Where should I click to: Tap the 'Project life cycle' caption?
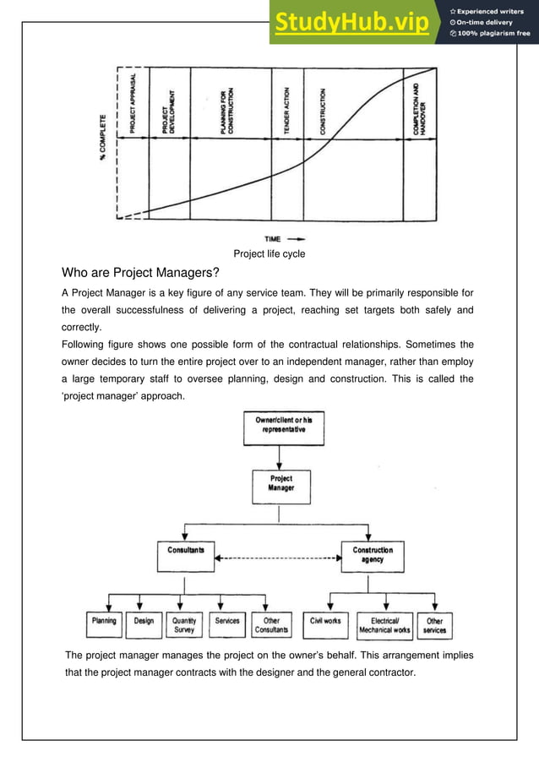point(269,254)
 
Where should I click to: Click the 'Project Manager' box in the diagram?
point(280,484)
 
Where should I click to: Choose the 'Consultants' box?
point(185,555)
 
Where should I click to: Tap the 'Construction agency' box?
point(372,555)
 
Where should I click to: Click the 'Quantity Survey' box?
point(184,624)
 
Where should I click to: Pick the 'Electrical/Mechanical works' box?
point(384,624)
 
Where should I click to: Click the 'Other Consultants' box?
point(271,624)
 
